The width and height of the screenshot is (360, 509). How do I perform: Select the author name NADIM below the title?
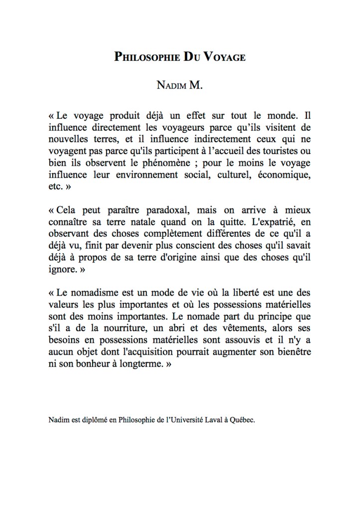point(171,86)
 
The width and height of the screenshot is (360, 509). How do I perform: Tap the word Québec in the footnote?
point(242,420)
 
